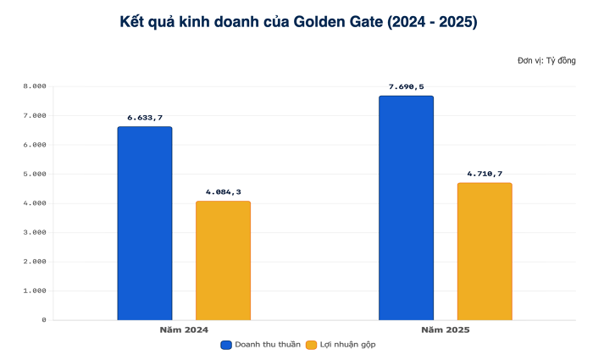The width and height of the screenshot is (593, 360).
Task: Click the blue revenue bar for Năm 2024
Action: point(145,224)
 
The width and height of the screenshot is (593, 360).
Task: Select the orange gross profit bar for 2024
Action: point(223,261)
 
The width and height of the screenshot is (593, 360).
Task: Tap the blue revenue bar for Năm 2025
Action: point(406,208)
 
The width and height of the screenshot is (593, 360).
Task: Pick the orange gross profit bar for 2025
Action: point(485,252)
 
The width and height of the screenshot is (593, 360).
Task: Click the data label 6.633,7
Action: point(145,117)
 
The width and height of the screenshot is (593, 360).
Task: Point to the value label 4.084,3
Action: point(223,191)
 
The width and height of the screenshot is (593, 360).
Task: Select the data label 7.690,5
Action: point(406,86)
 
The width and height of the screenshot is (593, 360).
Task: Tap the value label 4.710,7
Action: point(485,174)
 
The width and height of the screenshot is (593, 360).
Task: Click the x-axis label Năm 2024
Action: point(184,329)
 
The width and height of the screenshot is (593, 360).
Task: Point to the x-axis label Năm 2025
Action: point(445,329)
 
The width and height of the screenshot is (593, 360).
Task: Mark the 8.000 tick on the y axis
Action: point(34,86)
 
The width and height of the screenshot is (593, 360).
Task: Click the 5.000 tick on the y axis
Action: point(34,174)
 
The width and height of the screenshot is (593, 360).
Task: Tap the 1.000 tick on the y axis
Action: point(34,291)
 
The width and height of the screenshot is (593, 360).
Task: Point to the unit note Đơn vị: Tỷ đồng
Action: point(546,61)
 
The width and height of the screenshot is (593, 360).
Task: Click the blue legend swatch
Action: point(226,345)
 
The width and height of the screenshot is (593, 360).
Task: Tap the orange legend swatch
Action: point(311,345)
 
